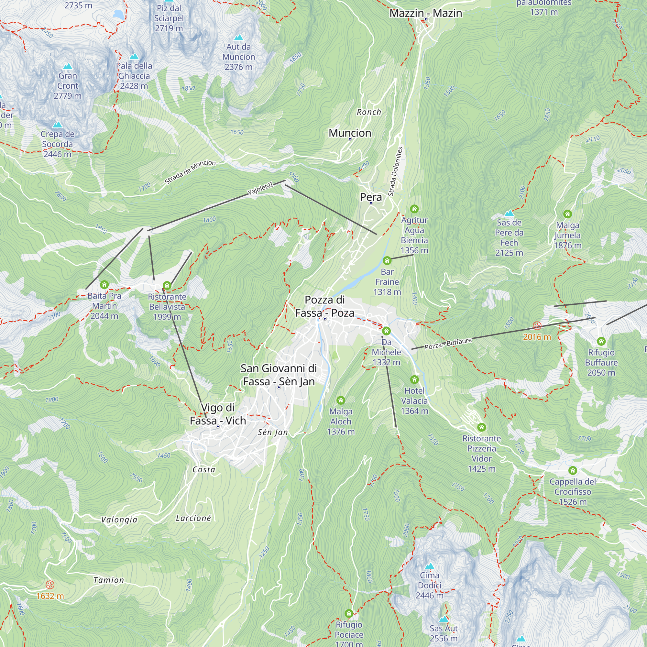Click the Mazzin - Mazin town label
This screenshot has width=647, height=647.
point(426,13)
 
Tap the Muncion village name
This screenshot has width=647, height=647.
point(350,133)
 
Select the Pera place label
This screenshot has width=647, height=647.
point(371,197)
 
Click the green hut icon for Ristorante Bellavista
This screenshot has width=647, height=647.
point(167,286)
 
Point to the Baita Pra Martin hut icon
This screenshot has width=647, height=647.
point(104,285)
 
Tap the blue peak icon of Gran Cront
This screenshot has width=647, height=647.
point(68,66)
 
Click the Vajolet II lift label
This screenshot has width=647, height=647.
point(260,188)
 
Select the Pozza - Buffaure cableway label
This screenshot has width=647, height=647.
point(448,344)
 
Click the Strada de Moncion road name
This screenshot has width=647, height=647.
point(190,172)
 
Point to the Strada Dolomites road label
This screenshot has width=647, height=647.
point(395,171)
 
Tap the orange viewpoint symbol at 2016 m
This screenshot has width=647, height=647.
point(537,326)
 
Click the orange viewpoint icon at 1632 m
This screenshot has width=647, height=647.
point(50,585)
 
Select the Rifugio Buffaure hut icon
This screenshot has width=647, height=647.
point(601,341)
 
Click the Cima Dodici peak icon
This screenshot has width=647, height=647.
point(429,566)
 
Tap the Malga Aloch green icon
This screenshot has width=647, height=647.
point(341,400)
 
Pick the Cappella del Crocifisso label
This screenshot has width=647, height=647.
point(573,491)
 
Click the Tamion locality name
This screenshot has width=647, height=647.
point(108,580)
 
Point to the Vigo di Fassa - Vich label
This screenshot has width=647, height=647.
point(218,414)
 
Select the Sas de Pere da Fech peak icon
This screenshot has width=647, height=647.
point(509,213)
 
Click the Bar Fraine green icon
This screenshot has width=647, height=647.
point(387,260)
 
